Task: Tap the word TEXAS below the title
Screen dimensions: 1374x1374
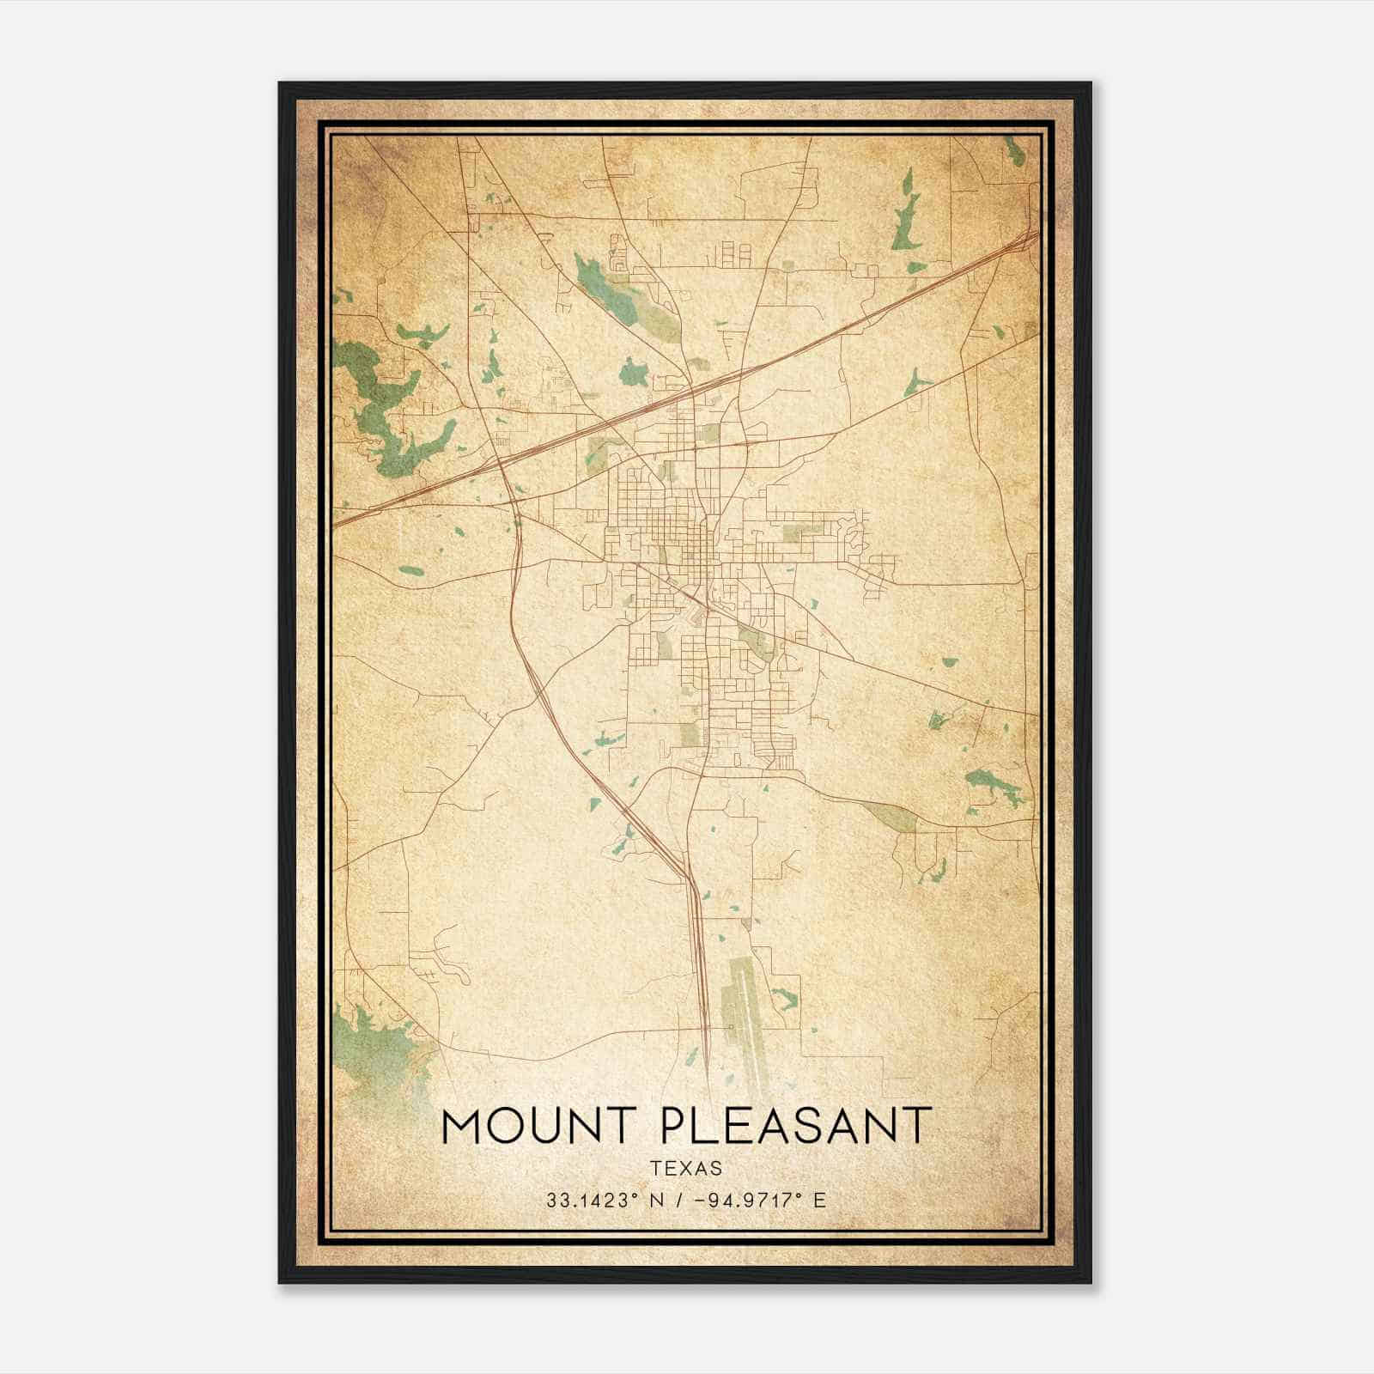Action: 685,1169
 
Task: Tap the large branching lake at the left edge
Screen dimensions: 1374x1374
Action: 378,395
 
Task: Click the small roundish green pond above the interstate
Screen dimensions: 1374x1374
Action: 634,372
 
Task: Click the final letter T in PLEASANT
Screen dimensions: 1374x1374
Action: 917,1126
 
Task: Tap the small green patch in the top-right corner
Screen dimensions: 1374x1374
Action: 1015,153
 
